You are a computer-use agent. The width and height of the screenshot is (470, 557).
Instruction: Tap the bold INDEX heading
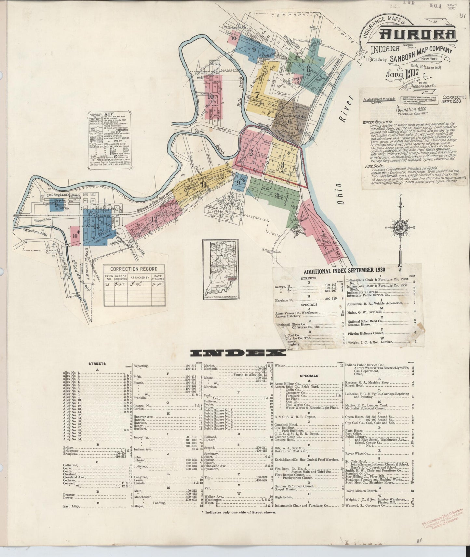click(x=238, y=354)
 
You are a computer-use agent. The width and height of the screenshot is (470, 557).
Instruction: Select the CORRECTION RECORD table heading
click(x=134, y=269)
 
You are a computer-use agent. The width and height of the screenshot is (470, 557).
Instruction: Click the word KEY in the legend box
click(x=108, y=115)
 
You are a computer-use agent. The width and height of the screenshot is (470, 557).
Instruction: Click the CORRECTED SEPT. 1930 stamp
click(x=454, y=99)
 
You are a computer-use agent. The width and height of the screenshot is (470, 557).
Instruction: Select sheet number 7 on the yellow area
click(x=257, y=95)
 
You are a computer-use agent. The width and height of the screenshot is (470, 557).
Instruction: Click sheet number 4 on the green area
click(x=277, y=196)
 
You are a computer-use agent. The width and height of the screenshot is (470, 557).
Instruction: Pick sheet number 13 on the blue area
click(x=96, y=227)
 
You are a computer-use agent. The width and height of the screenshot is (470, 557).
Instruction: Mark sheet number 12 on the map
click(x=154, y=219)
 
